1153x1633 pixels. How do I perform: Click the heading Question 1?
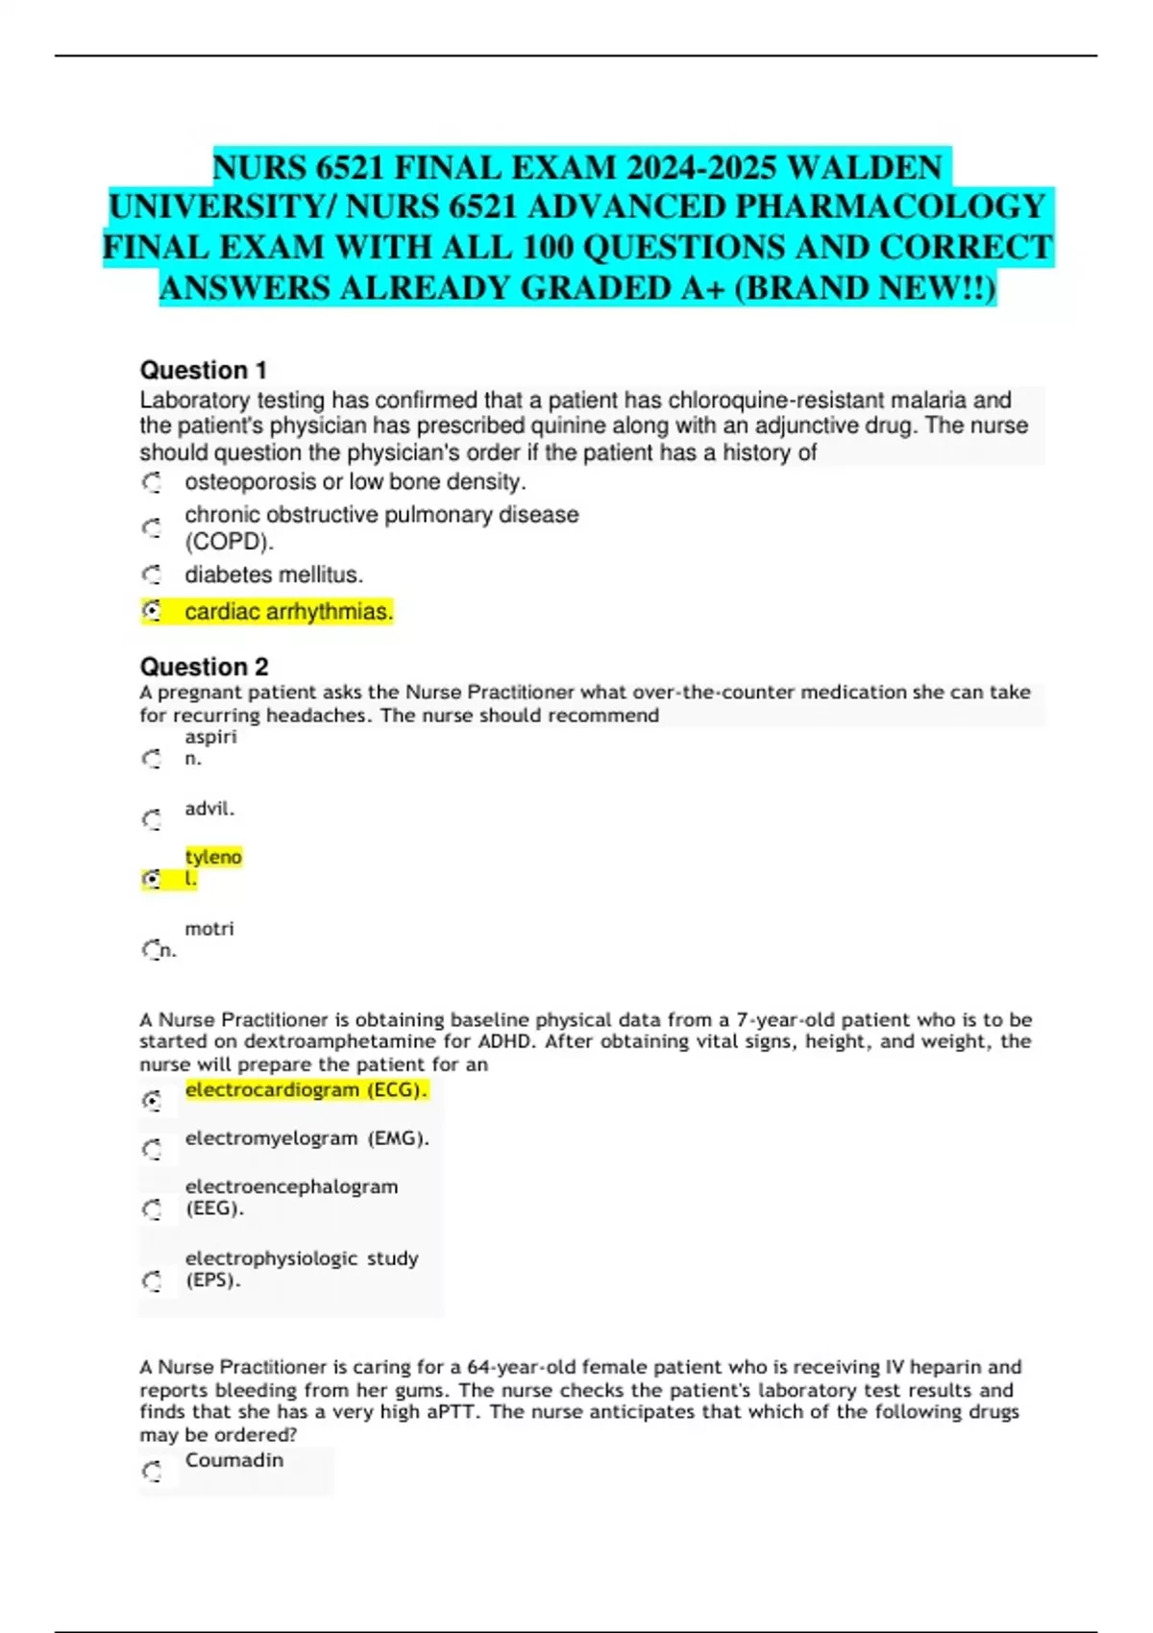pos(204,370)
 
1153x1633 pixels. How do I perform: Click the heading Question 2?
pos(204,667)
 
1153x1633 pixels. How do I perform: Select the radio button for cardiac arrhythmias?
pos(152,611)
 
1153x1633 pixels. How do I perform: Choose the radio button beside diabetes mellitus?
pos(152,574)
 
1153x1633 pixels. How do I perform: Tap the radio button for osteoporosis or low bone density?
pos(152,482)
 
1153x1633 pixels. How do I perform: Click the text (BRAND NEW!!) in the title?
pos(865,288)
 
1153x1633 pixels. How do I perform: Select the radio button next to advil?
pos(152,819)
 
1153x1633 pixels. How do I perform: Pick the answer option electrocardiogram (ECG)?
pos(306,1089)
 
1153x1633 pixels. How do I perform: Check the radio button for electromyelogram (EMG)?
pos(152,1149)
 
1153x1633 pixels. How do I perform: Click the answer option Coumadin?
pos(234,1460)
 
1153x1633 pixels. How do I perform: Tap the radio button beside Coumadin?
pos(152,1472)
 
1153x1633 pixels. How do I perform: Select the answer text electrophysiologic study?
pos(302,1258)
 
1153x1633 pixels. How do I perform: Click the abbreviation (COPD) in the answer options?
pos(229,542)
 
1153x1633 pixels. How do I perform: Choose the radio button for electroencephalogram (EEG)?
pos(152,1208)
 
